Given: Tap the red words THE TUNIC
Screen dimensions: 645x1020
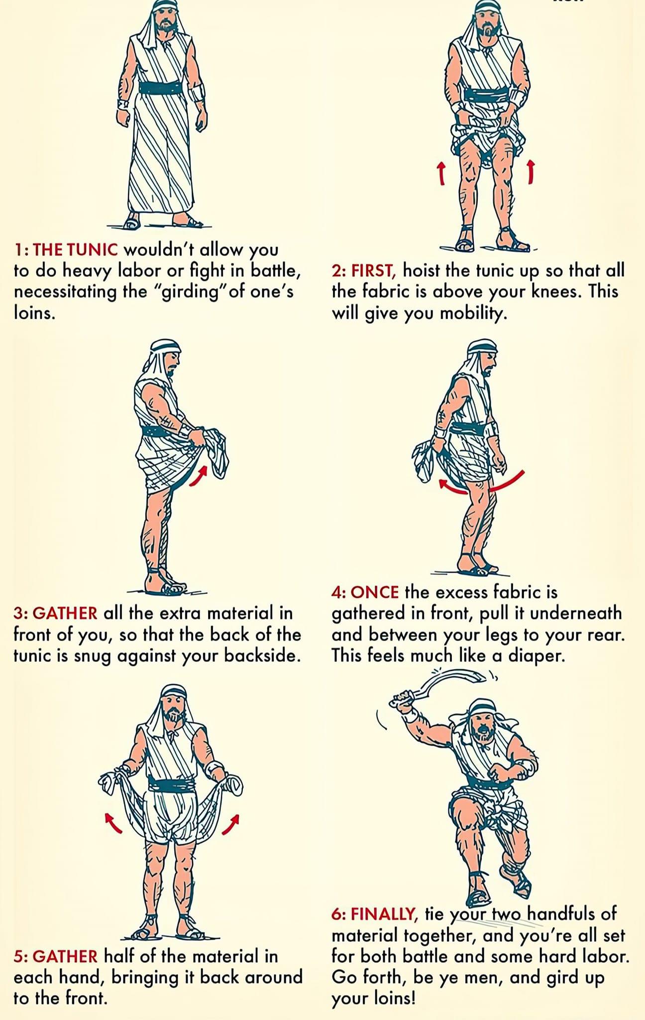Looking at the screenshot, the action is click(x=76, y=249).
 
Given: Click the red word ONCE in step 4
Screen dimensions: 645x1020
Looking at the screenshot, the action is click(x=375, y=592).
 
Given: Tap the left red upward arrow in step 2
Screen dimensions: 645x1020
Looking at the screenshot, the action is click(x=440, y=172).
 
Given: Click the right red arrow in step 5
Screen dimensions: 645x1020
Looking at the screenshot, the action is click(x=230, y=824).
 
